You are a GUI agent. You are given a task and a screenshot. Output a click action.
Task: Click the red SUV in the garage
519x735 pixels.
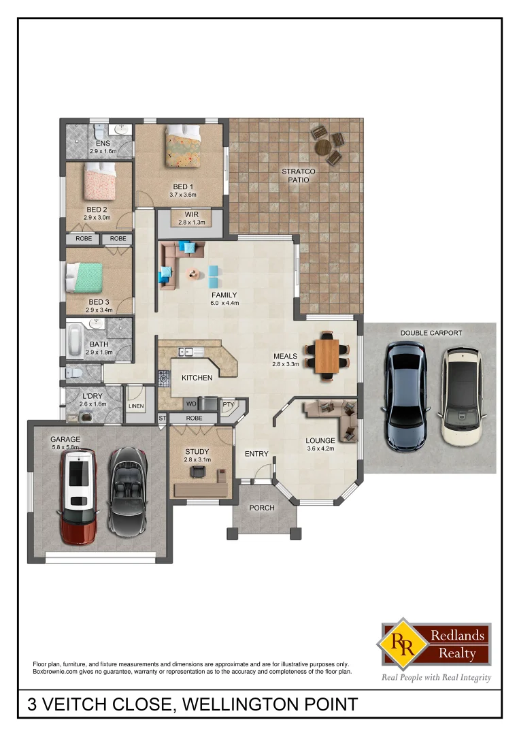(80, 496)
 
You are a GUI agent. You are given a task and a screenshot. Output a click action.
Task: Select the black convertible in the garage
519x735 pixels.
(127, 491)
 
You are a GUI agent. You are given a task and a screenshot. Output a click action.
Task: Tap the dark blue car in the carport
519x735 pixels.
(405, 396)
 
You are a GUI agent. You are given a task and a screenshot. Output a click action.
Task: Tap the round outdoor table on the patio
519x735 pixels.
(324, 146)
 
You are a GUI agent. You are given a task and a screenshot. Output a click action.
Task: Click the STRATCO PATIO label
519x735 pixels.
(296, 176)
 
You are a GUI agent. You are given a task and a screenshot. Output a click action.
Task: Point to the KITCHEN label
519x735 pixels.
(197, 378)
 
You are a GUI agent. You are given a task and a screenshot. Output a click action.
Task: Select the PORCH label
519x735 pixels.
(262, 507)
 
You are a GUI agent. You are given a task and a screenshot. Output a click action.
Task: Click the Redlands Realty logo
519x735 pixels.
(436, 644)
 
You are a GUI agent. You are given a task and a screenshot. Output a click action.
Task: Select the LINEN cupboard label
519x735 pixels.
(136, 406)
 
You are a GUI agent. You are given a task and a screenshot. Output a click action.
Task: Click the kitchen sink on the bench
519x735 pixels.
(186, 352)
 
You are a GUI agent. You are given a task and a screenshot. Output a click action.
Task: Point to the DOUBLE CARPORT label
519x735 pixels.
(431, 333)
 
